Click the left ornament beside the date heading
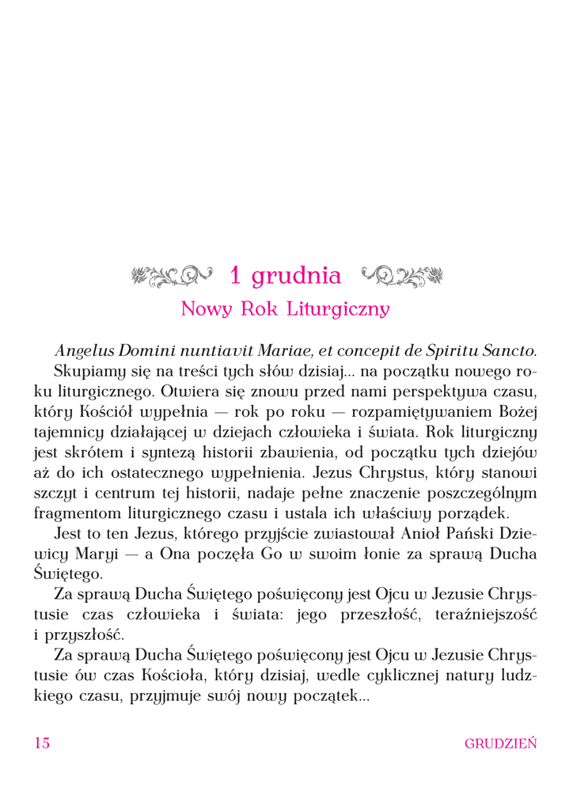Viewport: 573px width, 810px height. click(x=171, y=276)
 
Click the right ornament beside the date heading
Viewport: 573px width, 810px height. click(x=402, y=276)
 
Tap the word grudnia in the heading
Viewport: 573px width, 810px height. click(x=297, y=276)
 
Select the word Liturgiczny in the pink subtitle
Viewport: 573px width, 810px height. click(x=342, y=308)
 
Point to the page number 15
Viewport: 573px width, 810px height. click(x=42, y=743)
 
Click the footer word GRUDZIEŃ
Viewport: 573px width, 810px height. click(x=501, y=744)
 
